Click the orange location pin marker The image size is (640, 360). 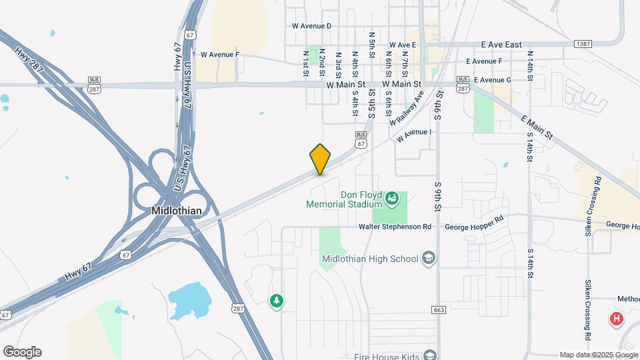click(320, 159)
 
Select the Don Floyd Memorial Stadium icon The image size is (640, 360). click(393, 198)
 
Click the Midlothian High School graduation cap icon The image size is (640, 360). click(429, 259)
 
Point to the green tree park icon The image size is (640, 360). click(276, 301)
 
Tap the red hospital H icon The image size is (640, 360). click(617, 319)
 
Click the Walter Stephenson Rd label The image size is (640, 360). click(395, 227)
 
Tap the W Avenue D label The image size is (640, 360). click(311, 26)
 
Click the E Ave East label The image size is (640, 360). click(501, 45)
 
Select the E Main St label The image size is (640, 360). click(537, 127)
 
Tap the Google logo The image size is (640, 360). click(21, 352)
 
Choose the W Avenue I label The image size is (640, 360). click(414, 136)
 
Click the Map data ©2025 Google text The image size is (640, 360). click(598, 355)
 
